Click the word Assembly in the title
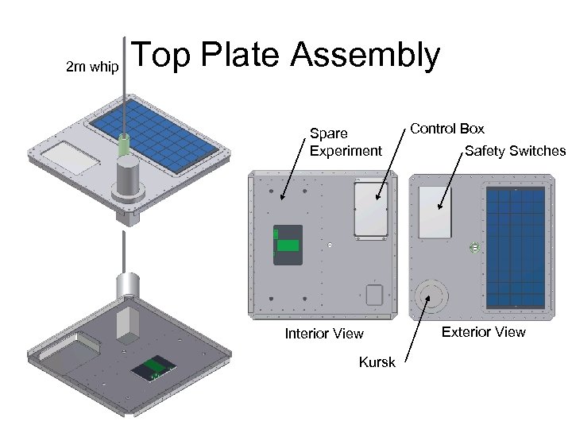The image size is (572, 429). click(365, 56)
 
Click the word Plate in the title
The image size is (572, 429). click(240, 54)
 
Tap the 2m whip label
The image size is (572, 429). click(92, 67)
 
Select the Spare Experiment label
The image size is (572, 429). click(346, 142)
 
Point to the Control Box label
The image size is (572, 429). click(447, 129)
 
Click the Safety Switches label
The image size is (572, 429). click(516, 151)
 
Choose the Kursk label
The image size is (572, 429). click(377, 362)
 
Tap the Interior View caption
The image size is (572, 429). click(324, 334)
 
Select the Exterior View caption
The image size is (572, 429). click(483, 332)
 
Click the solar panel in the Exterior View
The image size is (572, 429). click(516, 248)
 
